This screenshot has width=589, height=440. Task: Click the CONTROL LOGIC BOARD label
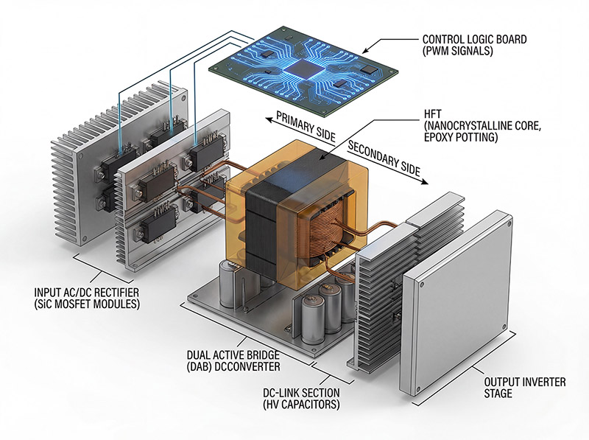(x=474, y=45)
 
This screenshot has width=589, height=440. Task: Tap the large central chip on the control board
(x=303, y=69)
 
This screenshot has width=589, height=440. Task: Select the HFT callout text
(x=482, y=125)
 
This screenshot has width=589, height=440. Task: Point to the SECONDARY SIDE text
(x=384, y=158)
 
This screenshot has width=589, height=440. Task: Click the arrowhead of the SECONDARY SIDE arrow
(x=425, y=181)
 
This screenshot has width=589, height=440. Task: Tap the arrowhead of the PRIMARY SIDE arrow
(x=269, y=119)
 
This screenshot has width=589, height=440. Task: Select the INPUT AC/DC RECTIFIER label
(x=87, y=298)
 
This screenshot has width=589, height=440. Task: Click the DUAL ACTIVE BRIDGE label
(x=233, y=360)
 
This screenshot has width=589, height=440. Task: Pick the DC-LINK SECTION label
(x=301, y=399)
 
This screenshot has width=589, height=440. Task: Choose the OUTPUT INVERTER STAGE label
(x=524, y=388)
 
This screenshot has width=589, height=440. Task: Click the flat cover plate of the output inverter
(x=456, y=304)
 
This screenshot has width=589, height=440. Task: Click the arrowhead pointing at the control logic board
(x=366, y=50)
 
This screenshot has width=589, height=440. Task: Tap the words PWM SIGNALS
(x=458, y=51)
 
